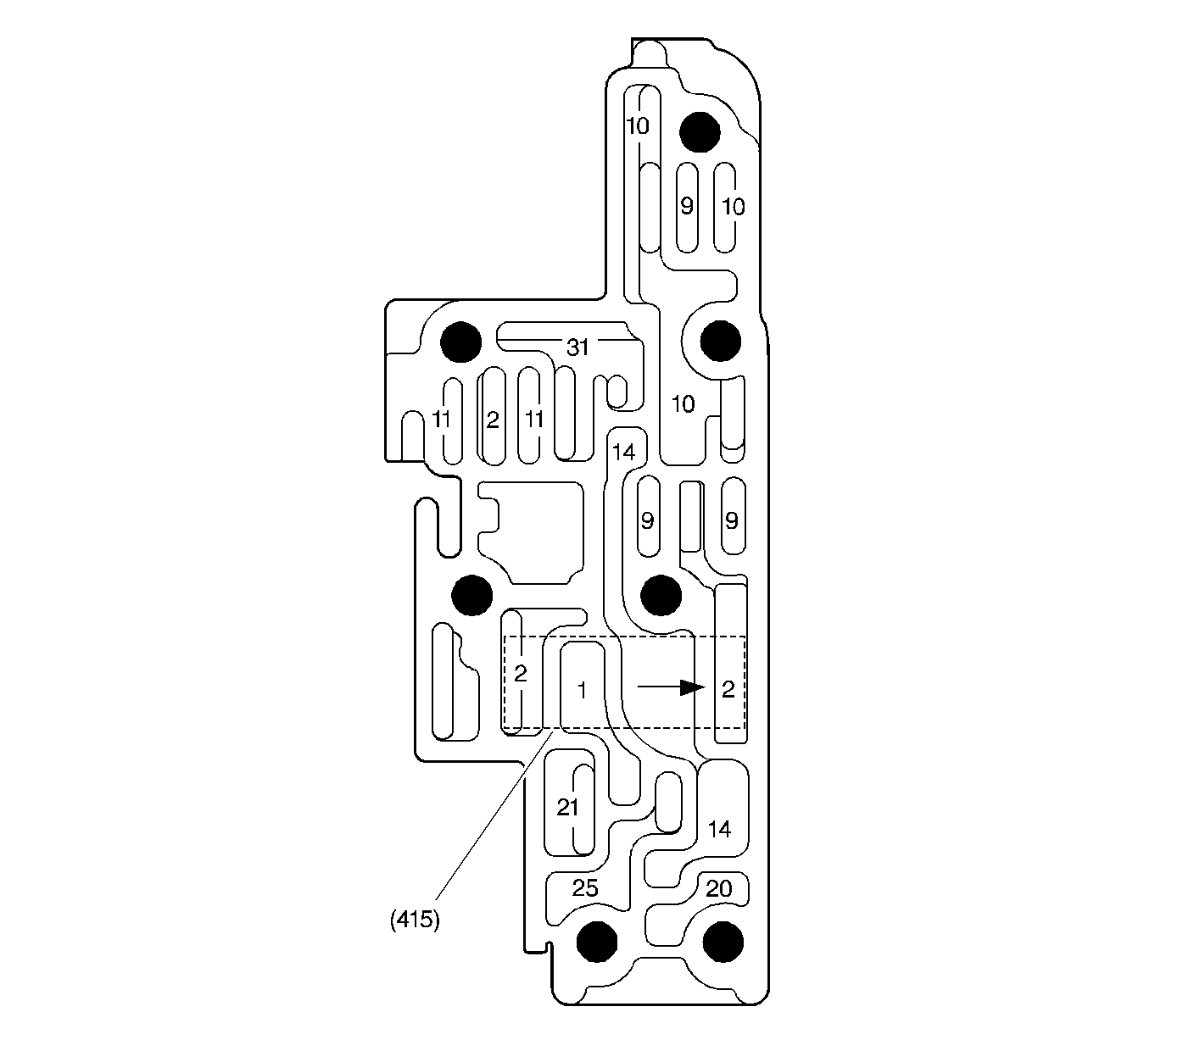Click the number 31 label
pos(577,348)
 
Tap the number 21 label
pos(567,807)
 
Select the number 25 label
pos(584,887)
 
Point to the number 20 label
pos(718,888)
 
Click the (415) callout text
pos(415,920)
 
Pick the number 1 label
pos(582,690)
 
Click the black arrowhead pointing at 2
pos(693,687)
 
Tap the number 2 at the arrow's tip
pos(728,689)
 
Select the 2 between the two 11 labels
pos(493,420)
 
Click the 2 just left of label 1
pos(520,673)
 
